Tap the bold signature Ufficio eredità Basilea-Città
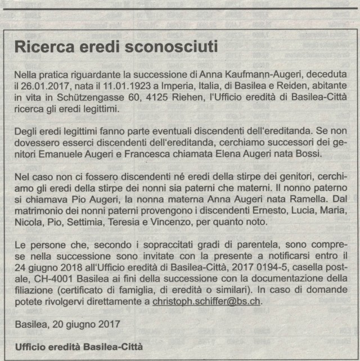click(x=79, y=346)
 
